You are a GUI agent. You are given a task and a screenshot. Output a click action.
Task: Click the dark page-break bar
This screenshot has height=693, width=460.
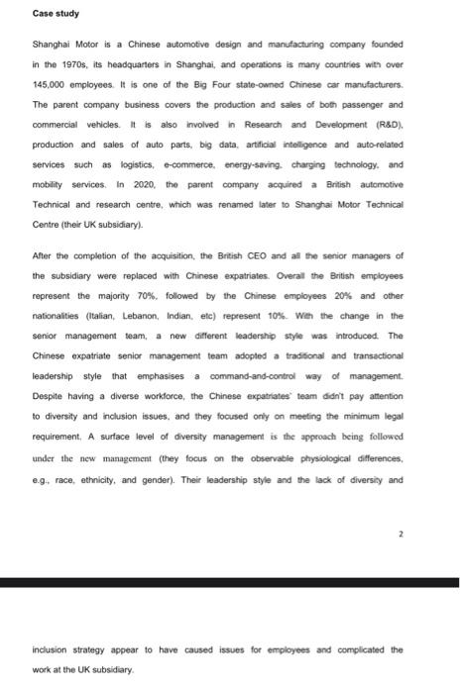[x=230, y=584]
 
